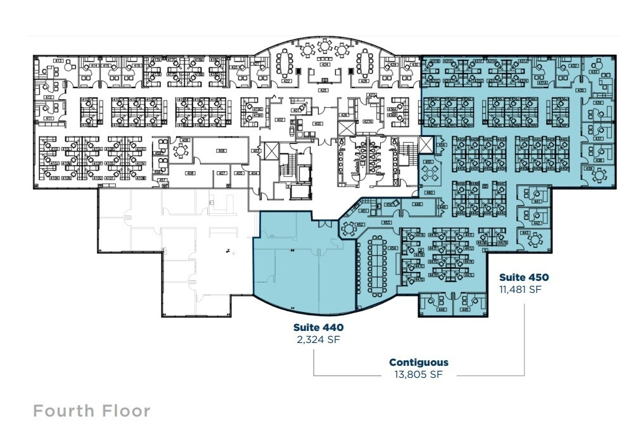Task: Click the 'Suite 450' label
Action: pyautogui.click(x=523, y=277)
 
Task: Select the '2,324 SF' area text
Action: pyautogui.click(x=318, y=339)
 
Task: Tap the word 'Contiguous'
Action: pyautogui.click(x=418, y=363)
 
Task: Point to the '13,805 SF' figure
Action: pyautogui.click(x=418, y=375)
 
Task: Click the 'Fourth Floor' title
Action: pyautogui.click(x=92, y=411)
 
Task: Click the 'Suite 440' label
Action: pyautogui.click(x=318, y=327)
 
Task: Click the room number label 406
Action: pyautogui.click(x=222, y=151)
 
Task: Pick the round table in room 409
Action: pyautogui.click(x=182, y=150)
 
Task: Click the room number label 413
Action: pyautogui.click(x=58, y=61)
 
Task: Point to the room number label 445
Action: pyautogui.click(x=465, y=310)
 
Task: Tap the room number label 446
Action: pyautogui.click(x=441, y=310)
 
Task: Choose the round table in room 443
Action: pyautogui.click(x=537, y=240)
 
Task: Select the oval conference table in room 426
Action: pyautogui.click(x=364, y=63)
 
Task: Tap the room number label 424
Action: pyautogui.click(x=325, y=64)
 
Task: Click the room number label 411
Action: pyautogui.click(x=48, y=119)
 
